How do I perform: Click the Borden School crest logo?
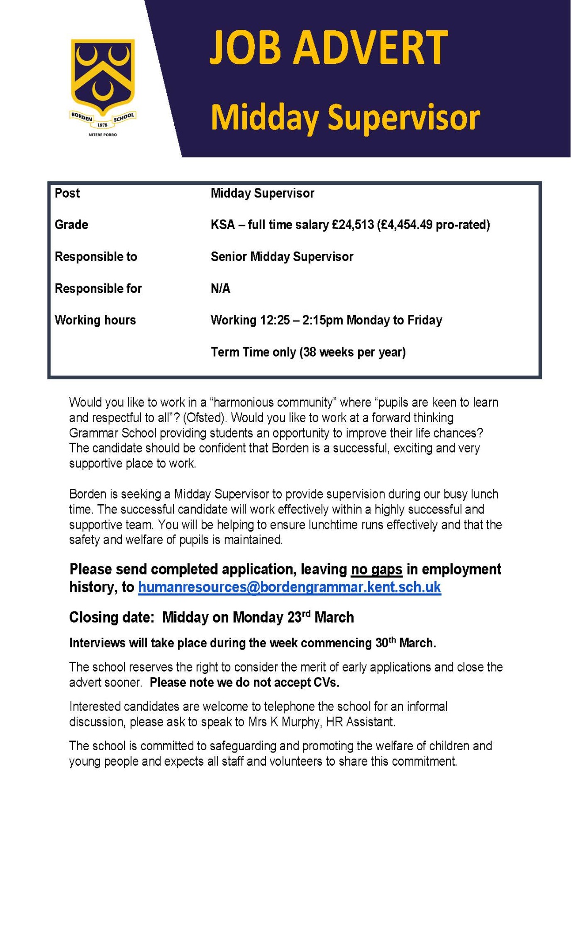point(103,84)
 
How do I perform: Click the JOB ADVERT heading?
point(329,48)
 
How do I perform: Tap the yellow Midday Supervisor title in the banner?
point(345,117)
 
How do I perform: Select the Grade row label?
point(71,225)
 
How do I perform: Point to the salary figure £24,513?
point(353,225)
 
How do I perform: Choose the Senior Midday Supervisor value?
point(282,257)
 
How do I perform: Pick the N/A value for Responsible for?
point(220,288)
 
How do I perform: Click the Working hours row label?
point(95,320)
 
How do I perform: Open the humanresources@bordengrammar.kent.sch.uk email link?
point(289,587)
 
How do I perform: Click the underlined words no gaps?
point(376,569)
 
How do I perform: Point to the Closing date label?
point(111,617)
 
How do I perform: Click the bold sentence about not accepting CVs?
point(245,683)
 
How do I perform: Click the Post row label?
point(68,193)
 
